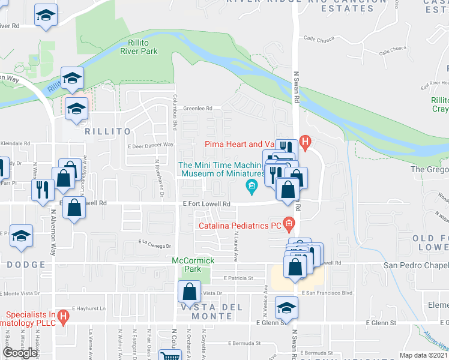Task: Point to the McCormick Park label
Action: [x=193, y=265]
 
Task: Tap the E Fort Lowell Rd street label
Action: [x=207, y=204]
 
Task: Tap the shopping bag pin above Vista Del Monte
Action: [x=189, y=293]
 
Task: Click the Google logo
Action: [x=20, y=353]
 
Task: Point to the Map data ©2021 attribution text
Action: [x=424, y=355]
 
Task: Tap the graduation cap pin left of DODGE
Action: [x=21, y=236]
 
